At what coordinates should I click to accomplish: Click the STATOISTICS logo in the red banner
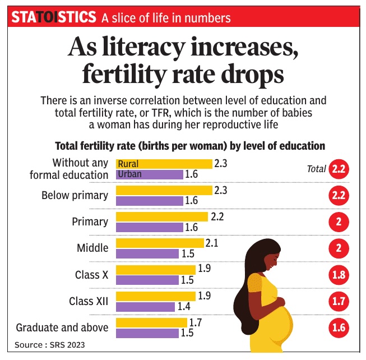tap(54, 17)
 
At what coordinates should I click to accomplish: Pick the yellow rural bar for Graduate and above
tap(151, 322)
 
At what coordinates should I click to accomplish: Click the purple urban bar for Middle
tap(149, 254)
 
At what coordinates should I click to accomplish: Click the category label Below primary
tap(75, 196)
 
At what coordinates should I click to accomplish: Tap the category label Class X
tap(91, 275)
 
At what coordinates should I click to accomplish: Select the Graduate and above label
tap(62, 327)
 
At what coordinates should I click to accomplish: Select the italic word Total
tap(316, 169)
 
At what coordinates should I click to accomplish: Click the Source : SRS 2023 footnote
tap(50, 344)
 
